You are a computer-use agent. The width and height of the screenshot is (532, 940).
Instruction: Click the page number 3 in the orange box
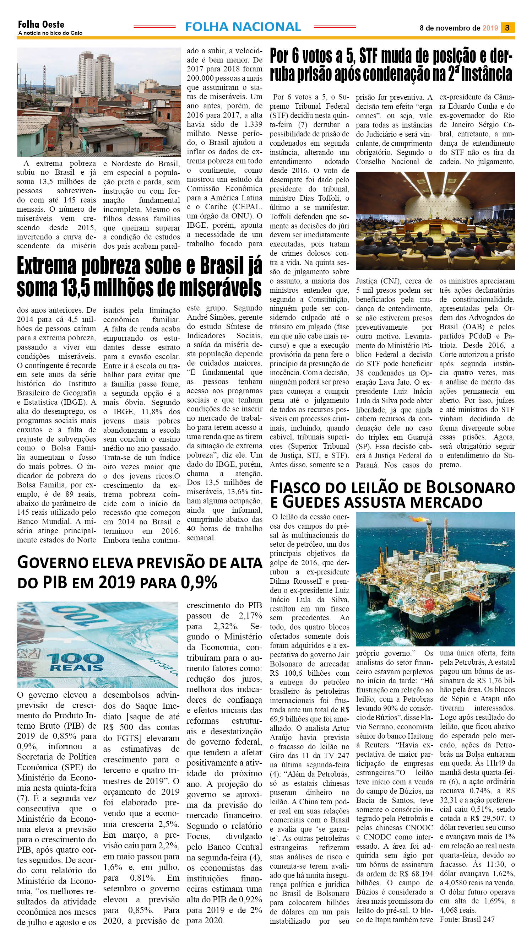pos(507,27)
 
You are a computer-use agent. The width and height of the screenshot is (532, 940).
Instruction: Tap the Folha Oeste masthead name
pos(41,25)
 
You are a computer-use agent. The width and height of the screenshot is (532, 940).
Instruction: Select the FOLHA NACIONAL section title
pos(243,27)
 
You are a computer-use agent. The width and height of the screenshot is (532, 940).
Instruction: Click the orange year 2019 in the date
pos(490,28)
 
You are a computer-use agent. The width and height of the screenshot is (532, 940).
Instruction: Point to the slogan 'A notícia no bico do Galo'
pos(50,33)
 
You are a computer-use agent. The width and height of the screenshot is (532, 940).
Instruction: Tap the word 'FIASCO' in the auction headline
pos(298,487)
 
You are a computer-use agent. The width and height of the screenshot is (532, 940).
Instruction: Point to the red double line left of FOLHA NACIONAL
pos(154,27)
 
